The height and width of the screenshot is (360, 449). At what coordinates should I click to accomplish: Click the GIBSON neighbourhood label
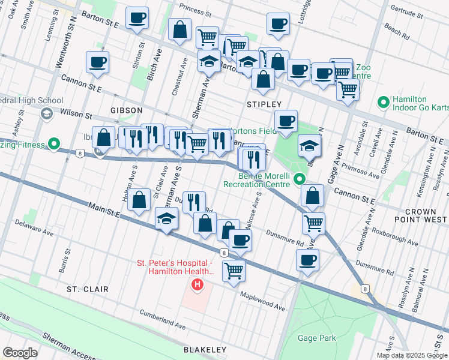click(126, 110)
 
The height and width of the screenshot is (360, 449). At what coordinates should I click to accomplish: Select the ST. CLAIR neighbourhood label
click(88, 289)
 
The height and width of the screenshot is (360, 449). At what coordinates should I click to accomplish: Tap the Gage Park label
click(317, 338)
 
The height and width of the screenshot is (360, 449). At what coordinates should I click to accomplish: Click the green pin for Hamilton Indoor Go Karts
click(382, 103)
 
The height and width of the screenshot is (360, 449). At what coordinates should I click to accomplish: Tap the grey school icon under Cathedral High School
click(46, 113)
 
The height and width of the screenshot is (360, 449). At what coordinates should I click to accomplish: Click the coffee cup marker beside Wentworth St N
click(97, 62)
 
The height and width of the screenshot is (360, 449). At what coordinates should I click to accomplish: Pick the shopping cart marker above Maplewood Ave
click(234, 270)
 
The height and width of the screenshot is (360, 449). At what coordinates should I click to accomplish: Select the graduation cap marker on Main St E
click(166, 219)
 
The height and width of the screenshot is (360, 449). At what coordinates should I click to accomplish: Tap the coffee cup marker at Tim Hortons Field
click(286, 121)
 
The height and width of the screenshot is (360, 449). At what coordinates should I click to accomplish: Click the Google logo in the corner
click(20, 353)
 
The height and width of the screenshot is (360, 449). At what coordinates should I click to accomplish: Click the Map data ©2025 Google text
click(412, 355)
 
